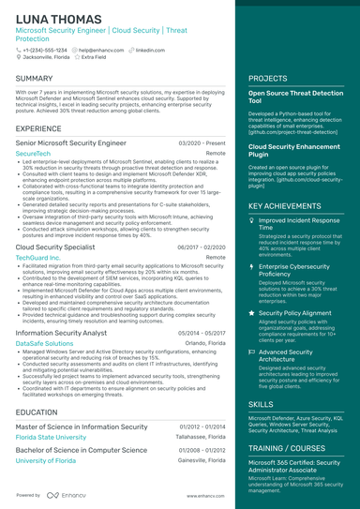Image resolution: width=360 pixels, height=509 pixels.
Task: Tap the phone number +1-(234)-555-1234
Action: pyautogui.click(x=46, y=49)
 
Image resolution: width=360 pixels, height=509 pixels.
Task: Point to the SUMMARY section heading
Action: pyautogui.click(x=35, y=79)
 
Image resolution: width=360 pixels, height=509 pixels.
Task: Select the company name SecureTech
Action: pyautogui.click(x=34, y=152)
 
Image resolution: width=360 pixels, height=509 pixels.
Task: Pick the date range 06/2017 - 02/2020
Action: pyautogui.click(x=202, y=247)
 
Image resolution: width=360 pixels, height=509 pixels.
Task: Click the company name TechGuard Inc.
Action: pyautogui.click(x=38, y=256)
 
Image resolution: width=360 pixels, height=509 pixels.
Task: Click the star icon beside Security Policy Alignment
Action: pyautogui.click(x=251, y=311)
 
